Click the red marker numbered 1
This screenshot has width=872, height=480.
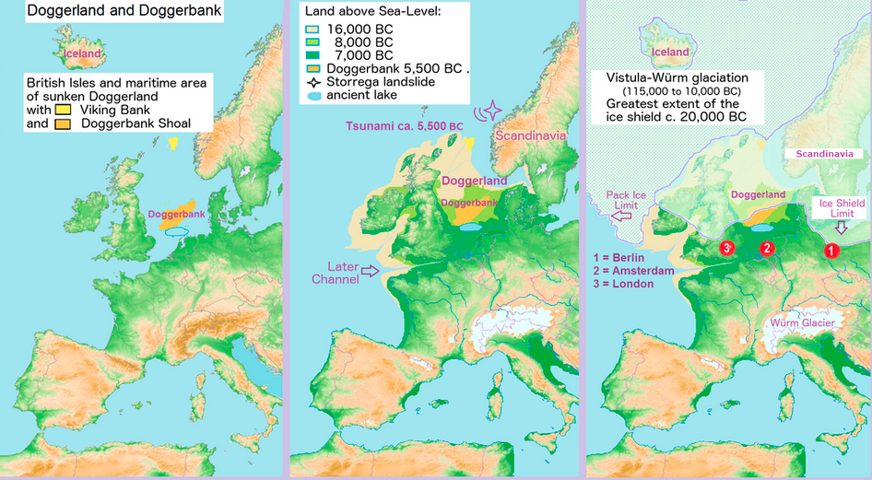[x=831, y=249]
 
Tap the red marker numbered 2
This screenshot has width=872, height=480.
[x=766, y=249]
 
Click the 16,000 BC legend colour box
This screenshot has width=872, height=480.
[x=314, y=29]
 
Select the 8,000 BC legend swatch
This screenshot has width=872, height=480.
[x=314, y=41]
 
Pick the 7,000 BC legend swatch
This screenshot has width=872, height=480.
[x=314, y=55]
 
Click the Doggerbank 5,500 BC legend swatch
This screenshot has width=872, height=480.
[x=314, y=69]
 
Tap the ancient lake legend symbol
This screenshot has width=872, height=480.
[x=314, y=96]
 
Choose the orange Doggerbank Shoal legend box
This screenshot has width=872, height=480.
[x=64, y=123]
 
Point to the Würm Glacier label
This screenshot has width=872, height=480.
[x=804, y=323]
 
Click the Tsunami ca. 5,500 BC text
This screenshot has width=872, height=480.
[x=405, y=125]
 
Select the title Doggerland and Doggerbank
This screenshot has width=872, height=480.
[x=112, y=13]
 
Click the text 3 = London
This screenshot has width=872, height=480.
[x=625, y=284]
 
